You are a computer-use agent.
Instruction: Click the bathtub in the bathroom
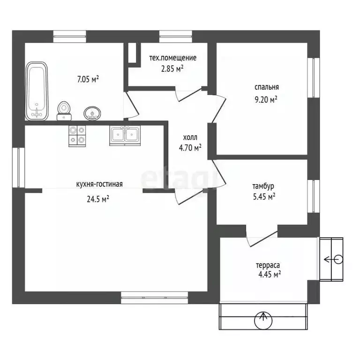(37, 91)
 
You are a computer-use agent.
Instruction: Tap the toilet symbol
(64, 111)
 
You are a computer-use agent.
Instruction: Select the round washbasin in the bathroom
(92, 113)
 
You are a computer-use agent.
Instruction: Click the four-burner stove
(77, 136)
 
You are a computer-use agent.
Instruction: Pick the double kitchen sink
(125, 135)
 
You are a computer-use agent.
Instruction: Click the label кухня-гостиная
(99, 184)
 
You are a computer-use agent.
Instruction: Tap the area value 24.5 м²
(98, 199)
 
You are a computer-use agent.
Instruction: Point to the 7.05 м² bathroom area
(88, 79)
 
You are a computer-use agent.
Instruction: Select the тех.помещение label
(173, 58)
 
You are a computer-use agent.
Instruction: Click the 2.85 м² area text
(172, 68)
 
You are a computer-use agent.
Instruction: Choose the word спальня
(267, 88)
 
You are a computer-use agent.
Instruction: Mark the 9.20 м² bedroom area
(266, 100)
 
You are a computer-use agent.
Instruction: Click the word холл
(190, 137)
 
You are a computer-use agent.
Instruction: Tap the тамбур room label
(263, 186)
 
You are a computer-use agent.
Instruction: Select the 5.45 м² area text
(264, 197)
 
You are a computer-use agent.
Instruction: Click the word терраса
(268, 266)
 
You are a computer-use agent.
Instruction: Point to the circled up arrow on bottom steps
(263, 320)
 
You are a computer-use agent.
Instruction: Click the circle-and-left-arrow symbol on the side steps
(334, 260)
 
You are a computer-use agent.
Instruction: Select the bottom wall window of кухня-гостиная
(155, 298)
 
